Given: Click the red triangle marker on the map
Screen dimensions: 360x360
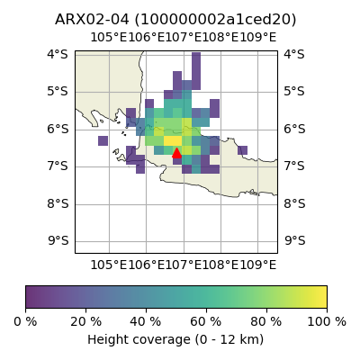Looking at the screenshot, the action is click(x=176, y=153).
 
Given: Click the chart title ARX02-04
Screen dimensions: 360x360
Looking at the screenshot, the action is click(x=92, y=20).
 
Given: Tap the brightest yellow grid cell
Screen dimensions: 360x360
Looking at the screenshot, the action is click(x=173, y=140).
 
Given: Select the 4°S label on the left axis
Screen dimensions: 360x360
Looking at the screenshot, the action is click(x=58, y=54).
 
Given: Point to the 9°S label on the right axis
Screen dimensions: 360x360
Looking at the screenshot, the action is click(x=294, y=240).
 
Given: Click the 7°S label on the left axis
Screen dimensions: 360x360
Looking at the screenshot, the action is click(x=58, y=166).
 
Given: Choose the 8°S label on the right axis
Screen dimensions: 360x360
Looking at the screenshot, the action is click(x=294, y=203).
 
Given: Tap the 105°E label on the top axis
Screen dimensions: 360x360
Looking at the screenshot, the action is click(x=109, y=38).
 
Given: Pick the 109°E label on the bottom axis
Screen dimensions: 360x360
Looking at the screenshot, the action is click(x=257, y=265).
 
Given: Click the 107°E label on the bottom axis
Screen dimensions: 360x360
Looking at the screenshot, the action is click(x=184, y=265).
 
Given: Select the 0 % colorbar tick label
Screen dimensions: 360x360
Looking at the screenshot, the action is click(x=25, y=322).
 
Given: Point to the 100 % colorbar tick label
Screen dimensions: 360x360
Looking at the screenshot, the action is click(x=327, y=322).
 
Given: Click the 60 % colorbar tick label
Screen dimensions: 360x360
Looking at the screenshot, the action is click(x=206, y=322).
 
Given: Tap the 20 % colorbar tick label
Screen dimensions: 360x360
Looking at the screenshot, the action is click(x=85, y=322).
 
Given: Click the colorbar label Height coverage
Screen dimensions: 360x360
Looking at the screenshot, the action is click(x=139, y=340).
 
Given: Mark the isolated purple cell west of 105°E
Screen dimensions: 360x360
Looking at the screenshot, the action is click(x=103, y=140).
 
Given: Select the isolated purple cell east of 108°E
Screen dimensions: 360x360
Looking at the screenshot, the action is click(x=242, y=150).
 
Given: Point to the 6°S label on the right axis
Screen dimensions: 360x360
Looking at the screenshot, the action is click(x=294, y=129).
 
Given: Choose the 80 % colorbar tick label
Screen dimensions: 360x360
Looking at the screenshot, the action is click(x=266, y=322).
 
